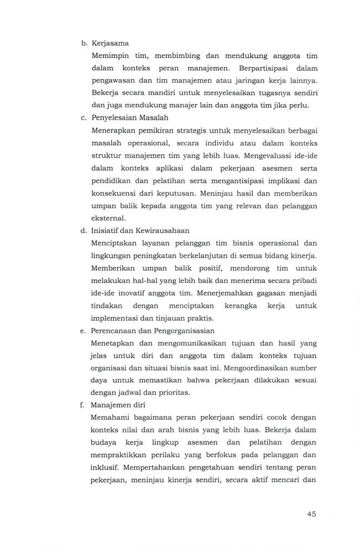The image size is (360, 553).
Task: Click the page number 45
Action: (x=311, y=514)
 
